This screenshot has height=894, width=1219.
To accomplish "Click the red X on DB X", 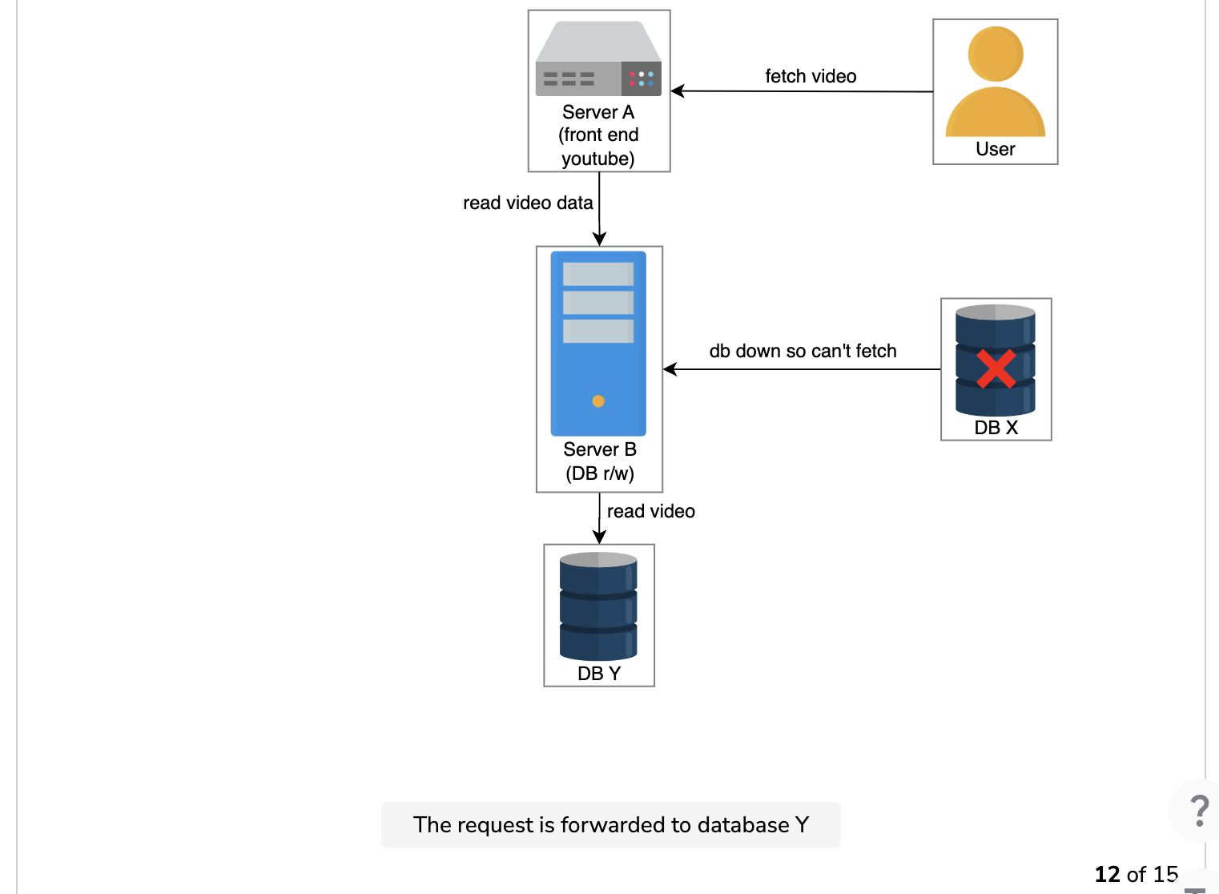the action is (x=996, y=368).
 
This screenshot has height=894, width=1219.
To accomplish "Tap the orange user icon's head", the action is (x=996, y=54).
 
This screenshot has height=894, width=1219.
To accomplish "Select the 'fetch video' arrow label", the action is (x=811, y=76).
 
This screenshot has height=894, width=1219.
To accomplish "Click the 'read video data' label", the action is (x=528, y=203).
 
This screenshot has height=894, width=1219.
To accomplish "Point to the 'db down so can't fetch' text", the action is (x=803, y=351).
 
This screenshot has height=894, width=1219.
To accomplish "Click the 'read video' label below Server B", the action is (x=651, y=511).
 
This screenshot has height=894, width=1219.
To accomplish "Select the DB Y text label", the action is (x=598, y=674).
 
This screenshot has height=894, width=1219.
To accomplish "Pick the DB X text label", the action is (x=996, y=428).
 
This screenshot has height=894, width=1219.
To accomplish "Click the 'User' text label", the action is (x=996, y=149).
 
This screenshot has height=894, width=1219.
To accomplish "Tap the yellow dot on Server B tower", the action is (x=598, y=401).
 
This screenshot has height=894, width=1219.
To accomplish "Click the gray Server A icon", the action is (x=598, y=58).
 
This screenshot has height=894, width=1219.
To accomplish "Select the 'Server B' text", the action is (x=600, y=449).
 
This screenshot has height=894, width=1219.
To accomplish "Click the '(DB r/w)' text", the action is (x=600, y=473).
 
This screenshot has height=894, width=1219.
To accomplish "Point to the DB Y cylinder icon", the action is (x=598, y=606).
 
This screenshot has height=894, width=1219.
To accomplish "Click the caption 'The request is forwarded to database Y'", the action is (x=610, y=825).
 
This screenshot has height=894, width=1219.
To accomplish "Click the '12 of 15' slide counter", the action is (x=1137, y=875).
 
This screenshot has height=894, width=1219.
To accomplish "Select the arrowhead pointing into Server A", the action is (x=678, y=91).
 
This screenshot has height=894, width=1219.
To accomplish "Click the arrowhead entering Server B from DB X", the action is (x=670, y=369).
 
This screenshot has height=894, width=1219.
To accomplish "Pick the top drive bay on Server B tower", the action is (x=598, y=274).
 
